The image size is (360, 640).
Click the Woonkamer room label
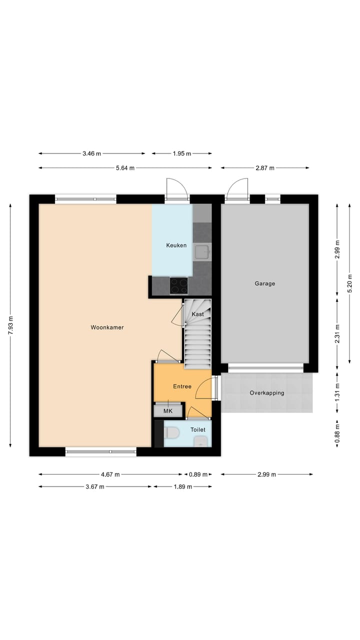pyautogui.click(x=107, y=327)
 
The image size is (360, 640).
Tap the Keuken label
pyautogui.click(x=176, y=245)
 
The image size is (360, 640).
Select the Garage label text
pyautogui.click(x=264, y=283)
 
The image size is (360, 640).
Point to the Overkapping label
pyautogui.click(x=267, y=393)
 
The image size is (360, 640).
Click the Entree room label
pyautogui.click(x=182, y=386)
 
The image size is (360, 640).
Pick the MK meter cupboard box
pyautogui.click(x=168, y=410)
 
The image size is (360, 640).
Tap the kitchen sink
pyautogui.click(x=202, y=252)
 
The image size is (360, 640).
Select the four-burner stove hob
pyautogui.click(x=178, y=286)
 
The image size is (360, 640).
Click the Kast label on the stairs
pyautogui.click(x=197, y=314)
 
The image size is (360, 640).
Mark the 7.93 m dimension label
pyautogui.click(x=11, y=327)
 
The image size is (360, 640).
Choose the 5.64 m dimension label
pyautogui.click(x=125, y=168)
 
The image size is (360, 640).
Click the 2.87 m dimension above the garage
pyautogui.click(x=265, y=168)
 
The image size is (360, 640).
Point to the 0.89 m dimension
pyautogui.click(x=197, y=474)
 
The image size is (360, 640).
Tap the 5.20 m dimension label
pyautogui.click(x=350, y=283)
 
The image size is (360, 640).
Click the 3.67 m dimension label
pyautogui.click(x=94, y=486)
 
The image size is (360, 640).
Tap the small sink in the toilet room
pyautogui.click(x=201, y=441)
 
